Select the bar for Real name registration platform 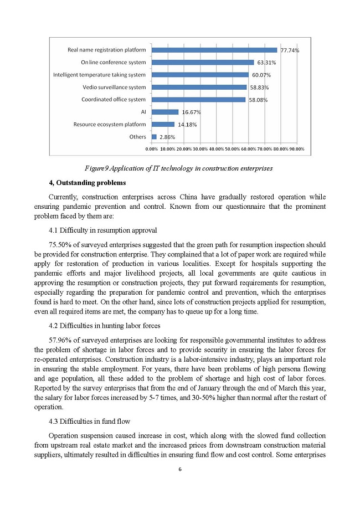click(214, 50)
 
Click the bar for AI click(165, 112)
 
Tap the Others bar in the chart click(154, 137)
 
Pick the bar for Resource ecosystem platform click(163, 125)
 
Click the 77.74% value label click(290, 50)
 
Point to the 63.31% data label click(267, 63)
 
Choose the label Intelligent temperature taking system click(99, 75)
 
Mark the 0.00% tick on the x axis click(152, 149)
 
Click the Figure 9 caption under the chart click(179, 168)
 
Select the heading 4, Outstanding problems click(88, 183)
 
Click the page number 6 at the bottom click(180, 470)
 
